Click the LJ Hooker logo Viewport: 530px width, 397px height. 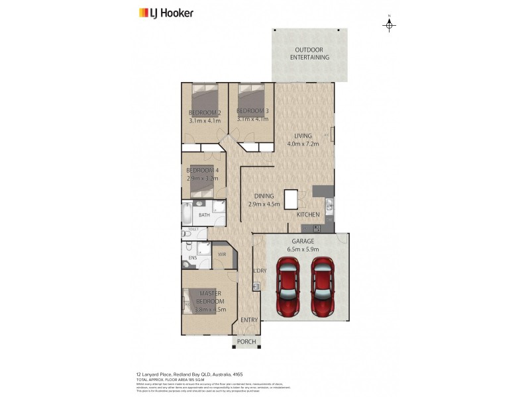click(166, 13)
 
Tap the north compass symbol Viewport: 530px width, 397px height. click(390, 25)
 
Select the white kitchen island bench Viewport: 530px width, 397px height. click(291, 199)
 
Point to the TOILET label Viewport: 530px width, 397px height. click(193, 230)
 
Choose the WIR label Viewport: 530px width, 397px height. click(223, 253)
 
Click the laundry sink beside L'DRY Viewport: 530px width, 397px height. click(256, 287)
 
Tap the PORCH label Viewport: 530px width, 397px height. click(246, 341)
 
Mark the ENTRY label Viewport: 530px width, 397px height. click(249, 320)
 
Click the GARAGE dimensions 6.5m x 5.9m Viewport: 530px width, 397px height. click(304, 249)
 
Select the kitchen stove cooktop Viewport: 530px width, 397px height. click(317, 228)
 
